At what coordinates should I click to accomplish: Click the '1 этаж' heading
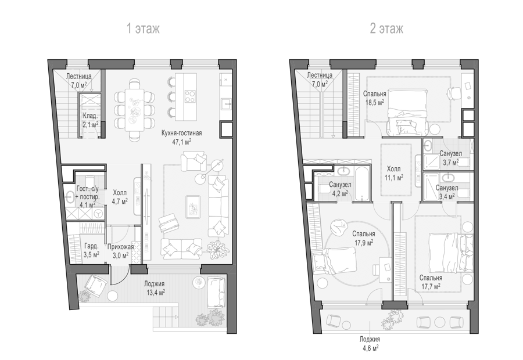(143, 28)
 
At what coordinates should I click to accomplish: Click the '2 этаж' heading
(386, 28)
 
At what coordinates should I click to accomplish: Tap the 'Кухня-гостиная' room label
(181, 134)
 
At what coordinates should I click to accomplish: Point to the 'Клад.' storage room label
(91, 116)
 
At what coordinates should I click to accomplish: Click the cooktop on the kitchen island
(191, 96)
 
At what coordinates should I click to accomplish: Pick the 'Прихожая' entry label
(120, 247)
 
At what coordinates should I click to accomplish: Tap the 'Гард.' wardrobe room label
(91, 246)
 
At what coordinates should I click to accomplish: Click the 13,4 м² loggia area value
(155, 293)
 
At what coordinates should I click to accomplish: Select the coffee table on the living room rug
(193, 207)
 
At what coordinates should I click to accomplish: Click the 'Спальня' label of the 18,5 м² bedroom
(375, 94)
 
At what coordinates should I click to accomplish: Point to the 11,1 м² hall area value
(393, 178)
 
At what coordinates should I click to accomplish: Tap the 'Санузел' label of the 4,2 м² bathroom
(340, 185)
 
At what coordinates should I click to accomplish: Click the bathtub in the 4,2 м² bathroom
(362, 183)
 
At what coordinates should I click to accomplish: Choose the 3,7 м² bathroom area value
(450, 163)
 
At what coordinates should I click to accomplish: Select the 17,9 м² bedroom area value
(364, 243)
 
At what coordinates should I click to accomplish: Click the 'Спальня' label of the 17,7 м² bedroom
(431, 278)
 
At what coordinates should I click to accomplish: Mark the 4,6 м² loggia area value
(370, 348)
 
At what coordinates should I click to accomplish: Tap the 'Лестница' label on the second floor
(320, 75)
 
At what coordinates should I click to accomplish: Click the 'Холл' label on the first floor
(120, 193)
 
